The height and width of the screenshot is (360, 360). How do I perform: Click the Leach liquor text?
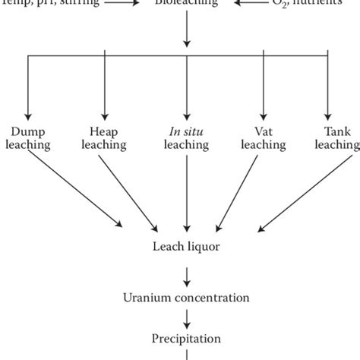[x=185, y=246]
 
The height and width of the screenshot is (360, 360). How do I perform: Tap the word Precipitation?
[x=185, y=339]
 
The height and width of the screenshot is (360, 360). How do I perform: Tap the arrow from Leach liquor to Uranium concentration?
[x=185, y=270]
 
